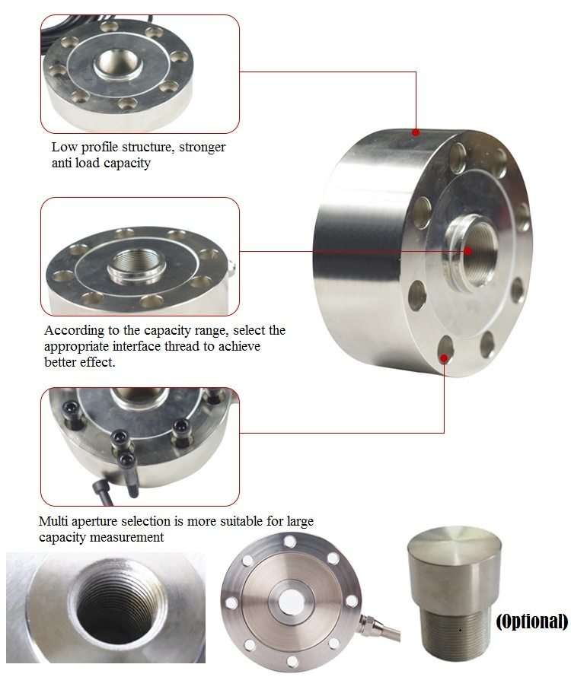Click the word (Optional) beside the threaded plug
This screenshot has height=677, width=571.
click(531, 621)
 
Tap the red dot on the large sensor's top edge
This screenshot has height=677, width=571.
click(416, 132)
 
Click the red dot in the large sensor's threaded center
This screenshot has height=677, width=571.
click(467, 251)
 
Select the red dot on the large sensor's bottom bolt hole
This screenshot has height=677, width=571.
click(444, 358)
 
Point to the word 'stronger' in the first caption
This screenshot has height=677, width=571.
click(203, 148)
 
